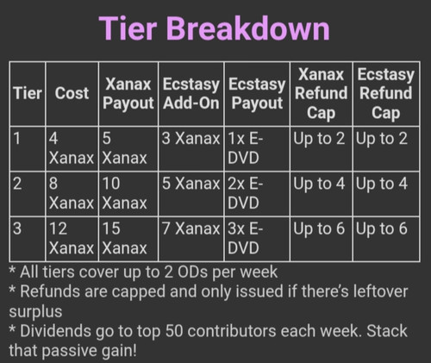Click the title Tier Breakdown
214,28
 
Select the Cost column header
72,93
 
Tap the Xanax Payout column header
128,94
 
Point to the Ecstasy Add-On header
191,94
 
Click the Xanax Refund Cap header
321,93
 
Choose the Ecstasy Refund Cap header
385,93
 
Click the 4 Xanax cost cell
72,148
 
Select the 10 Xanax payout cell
124,193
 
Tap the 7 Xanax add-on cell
191,228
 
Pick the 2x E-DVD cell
245,193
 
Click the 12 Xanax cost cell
72,238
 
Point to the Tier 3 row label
17,228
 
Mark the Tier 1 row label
17,139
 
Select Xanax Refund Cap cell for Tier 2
319,184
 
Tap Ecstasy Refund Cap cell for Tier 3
382,229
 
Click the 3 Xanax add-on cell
191,139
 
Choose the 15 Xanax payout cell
124,238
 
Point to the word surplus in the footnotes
35,312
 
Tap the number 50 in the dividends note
174,331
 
